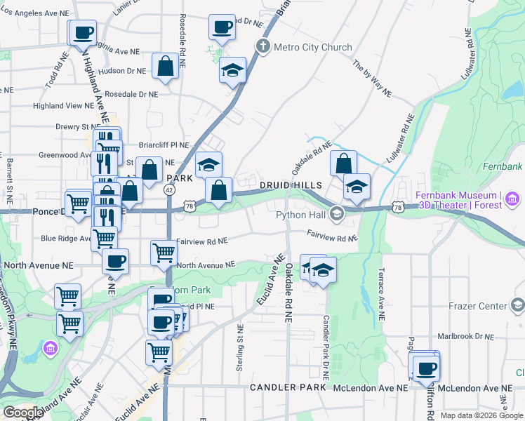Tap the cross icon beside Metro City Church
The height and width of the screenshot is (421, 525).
(x=263, y=48)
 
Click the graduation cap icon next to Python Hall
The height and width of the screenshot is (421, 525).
(x=336, y=214)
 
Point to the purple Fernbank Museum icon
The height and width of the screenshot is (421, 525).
(x=512, y=200)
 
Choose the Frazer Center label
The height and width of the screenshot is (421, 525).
(x=477, y=307)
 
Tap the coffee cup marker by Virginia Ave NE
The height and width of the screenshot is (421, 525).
(x=83, y=32)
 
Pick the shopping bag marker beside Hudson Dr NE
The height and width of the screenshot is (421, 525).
(x=165, y=67)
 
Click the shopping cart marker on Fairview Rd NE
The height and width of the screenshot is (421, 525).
(x=164, y=251)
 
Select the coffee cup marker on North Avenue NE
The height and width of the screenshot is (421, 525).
(x=116, y=261)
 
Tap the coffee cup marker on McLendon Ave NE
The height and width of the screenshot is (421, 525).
(x=425, y=368)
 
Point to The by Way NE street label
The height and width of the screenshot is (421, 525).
(x=372, y=78)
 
